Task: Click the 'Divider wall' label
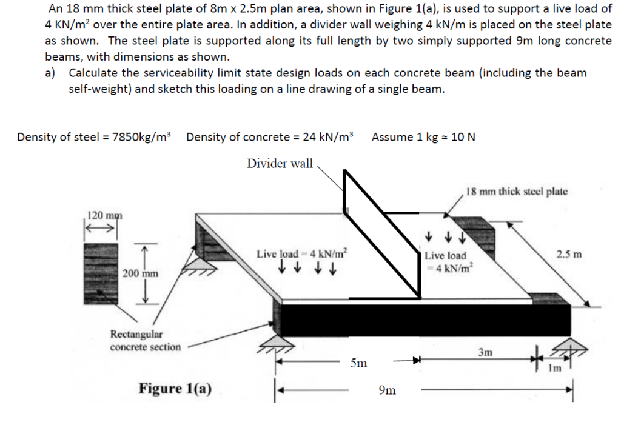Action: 280,163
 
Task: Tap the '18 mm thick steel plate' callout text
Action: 517,192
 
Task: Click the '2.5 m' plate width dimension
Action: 569,253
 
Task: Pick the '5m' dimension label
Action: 358,364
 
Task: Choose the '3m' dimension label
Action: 486,352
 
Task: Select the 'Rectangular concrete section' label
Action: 145,341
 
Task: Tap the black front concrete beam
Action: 425,320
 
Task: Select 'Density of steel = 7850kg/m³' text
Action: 94,137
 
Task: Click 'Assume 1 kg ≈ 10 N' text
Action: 423,137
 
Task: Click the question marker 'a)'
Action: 51,73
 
